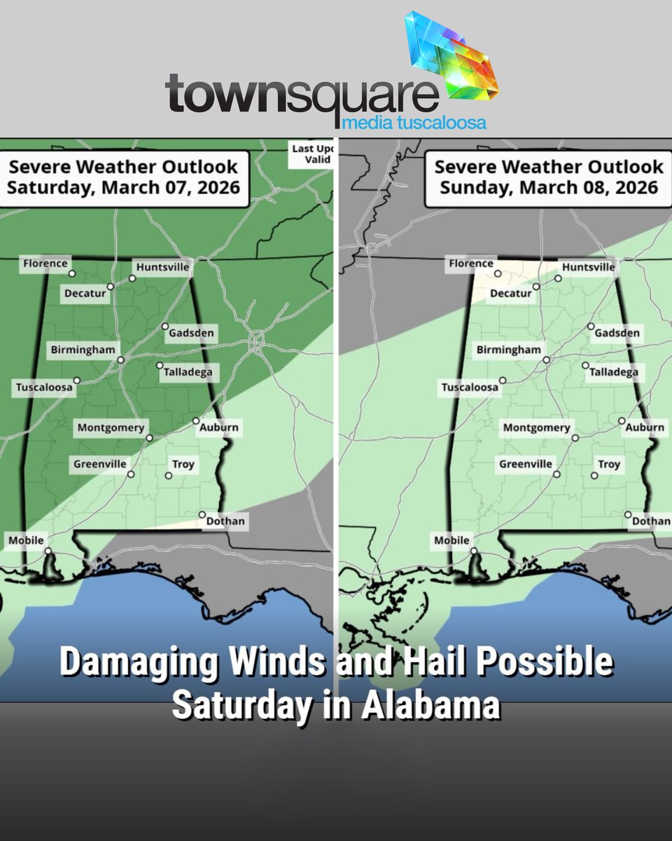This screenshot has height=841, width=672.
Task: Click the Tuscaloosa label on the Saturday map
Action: tap(43, 388)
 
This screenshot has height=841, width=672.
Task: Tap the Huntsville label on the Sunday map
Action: tap(588, 266)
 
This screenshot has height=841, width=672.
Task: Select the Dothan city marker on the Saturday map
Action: tap(202, 514)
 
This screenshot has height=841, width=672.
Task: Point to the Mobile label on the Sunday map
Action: tap(451, 540)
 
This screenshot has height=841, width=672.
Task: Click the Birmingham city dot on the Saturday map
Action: tap(120, 360)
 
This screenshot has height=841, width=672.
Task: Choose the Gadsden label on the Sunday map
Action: tap(617, 332)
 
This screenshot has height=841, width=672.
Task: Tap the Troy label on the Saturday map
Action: tap(183, 465)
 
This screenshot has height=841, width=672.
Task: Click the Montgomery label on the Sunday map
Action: tap(536, 428)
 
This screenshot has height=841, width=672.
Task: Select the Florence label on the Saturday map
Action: tap(45, 264)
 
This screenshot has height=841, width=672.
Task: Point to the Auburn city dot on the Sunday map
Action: tap(622, 420)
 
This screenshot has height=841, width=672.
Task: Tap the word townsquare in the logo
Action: tap(301, 94)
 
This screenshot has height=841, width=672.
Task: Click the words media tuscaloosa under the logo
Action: tap(414, 124)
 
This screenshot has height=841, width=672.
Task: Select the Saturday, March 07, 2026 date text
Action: tap(123, 188)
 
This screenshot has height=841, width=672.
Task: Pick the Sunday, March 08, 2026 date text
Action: tap(549, 188)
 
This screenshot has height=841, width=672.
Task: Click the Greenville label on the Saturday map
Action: tap(100, 464)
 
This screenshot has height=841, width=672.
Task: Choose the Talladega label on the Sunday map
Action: tap(614, 372)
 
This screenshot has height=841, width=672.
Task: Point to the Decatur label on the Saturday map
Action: tap(85, 293)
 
